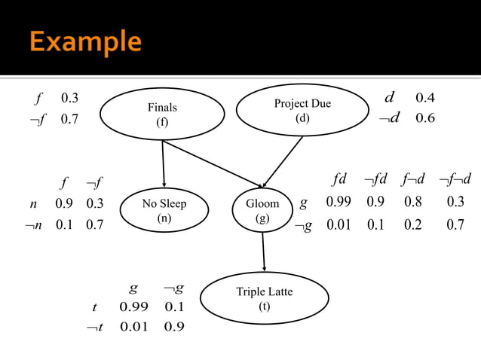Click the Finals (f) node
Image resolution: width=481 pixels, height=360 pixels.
pos(162,115)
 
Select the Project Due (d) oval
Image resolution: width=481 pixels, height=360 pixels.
pos(302,110)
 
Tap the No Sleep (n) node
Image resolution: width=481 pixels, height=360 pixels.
pos(164,210)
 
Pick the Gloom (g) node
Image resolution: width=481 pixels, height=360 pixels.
pos(262,210)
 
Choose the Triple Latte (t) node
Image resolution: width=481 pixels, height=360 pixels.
pos(264,298)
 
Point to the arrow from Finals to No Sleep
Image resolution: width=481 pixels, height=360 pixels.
pos(163,165)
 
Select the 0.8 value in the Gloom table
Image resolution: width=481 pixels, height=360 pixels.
pos(412,203)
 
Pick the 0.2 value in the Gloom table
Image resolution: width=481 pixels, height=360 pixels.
pos(412,224)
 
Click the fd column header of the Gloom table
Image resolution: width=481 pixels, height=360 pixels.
pos(339,180)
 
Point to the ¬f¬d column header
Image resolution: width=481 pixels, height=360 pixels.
pos(455,180)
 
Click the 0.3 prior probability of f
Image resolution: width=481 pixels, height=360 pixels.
pos(70,98)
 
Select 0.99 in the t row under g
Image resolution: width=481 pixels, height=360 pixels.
pos(134,307)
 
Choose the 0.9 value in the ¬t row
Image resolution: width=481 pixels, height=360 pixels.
pos(174,327)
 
